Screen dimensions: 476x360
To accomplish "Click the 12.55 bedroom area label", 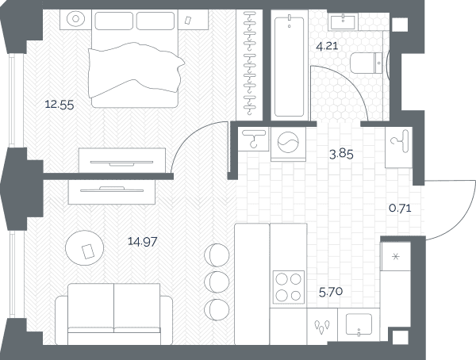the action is pos(59,105).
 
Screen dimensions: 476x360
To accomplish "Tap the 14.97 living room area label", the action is pos(142,242).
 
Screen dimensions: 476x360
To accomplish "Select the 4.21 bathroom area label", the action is pos(327,46).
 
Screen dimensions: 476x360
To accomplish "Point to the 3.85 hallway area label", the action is pos(341,154).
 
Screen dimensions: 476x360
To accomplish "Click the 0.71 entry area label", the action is pos(400,209).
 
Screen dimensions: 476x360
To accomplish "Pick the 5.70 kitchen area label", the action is pos(331,292).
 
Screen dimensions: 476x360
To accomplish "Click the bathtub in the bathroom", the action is pos(289,67).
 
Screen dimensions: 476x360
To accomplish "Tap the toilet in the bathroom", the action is pos(367,63).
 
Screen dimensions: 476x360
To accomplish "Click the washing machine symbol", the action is pos(288,144).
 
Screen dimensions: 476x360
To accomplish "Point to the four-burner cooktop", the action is pos(289,287).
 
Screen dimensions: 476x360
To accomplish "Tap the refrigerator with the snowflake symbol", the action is pos(396,256).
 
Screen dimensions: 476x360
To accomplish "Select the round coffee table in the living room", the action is pos(84,247).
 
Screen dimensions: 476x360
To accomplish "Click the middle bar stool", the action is pos(217,281).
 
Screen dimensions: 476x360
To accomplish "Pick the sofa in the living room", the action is pos(113,314).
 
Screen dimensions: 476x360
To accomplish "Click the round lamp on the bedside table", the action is pos(75,19).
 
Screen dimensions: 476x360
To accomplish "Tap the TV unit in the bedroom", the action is pos(122,161).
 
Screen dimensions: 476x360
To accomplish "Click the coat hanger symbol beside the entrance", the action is pos(399,141).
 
